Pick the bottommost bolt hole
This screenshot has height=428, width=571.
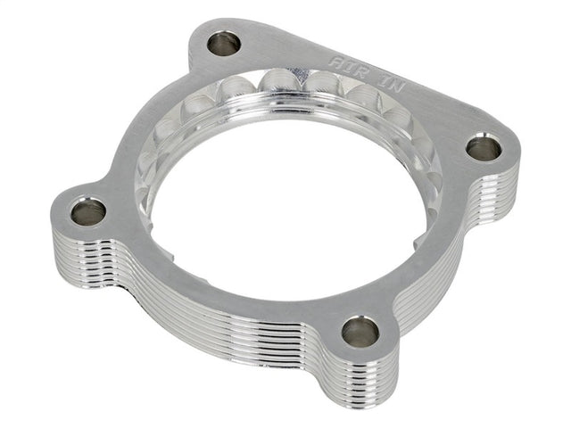pos(360,331)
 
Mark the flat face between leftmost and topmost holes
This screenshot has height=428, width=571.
pos(152,134)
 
